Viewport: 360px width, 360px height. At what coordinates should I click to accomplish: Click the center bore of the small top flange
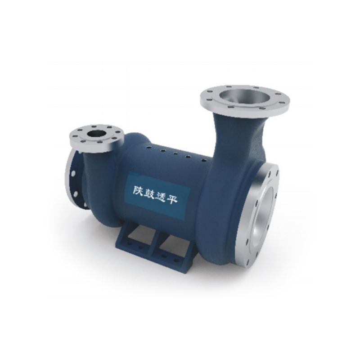tap(96, 134)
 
